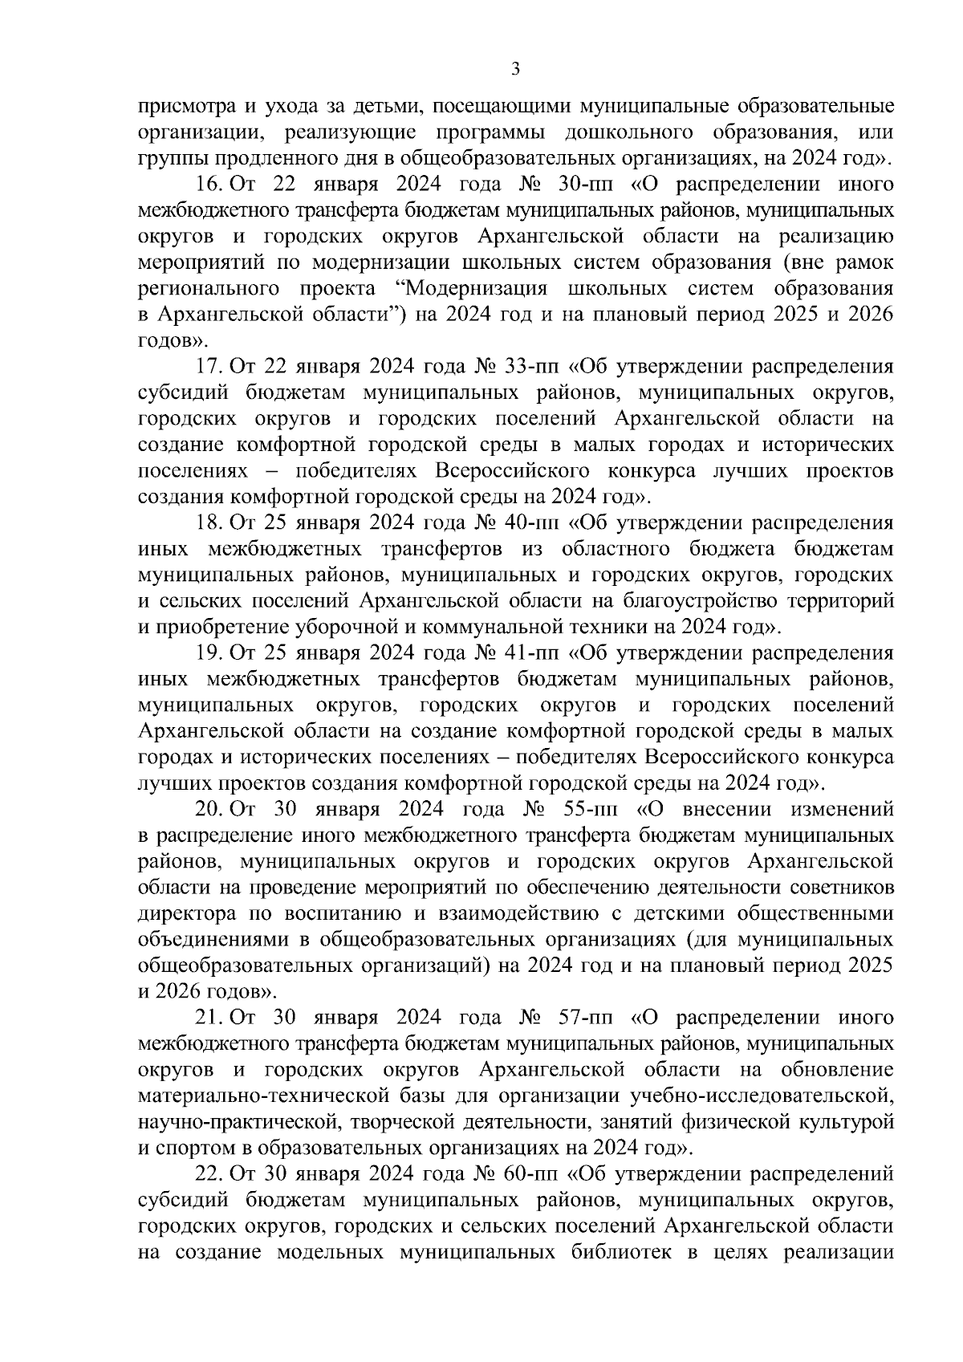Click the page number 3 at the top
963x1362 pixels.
point(515,70)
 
